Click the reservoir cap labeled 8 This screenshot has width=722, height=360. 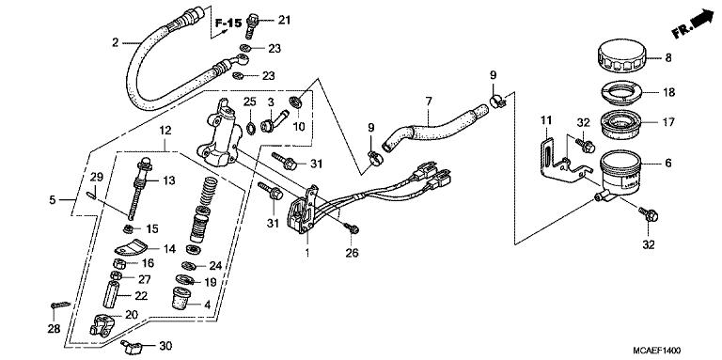pos(621,56)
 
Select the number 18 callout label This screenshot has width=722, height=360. pos(668,92)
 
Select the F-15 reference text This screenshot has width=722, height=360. pos(228,23)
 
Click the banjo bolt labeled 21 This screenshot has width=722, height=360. pos(252,25)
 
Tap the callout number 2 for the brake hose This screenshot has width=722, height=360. pos(115,43)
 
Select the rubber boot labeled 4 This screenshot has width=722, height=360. pos(182,298)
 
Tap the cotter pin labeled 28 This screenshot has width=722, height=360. pos(60,305)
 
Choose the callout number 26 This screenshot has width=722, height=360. pos(353,253)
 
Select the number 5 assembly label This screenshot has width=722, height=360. pos(53,200)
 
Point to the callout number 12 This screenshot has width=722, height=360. pos(165,131)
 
